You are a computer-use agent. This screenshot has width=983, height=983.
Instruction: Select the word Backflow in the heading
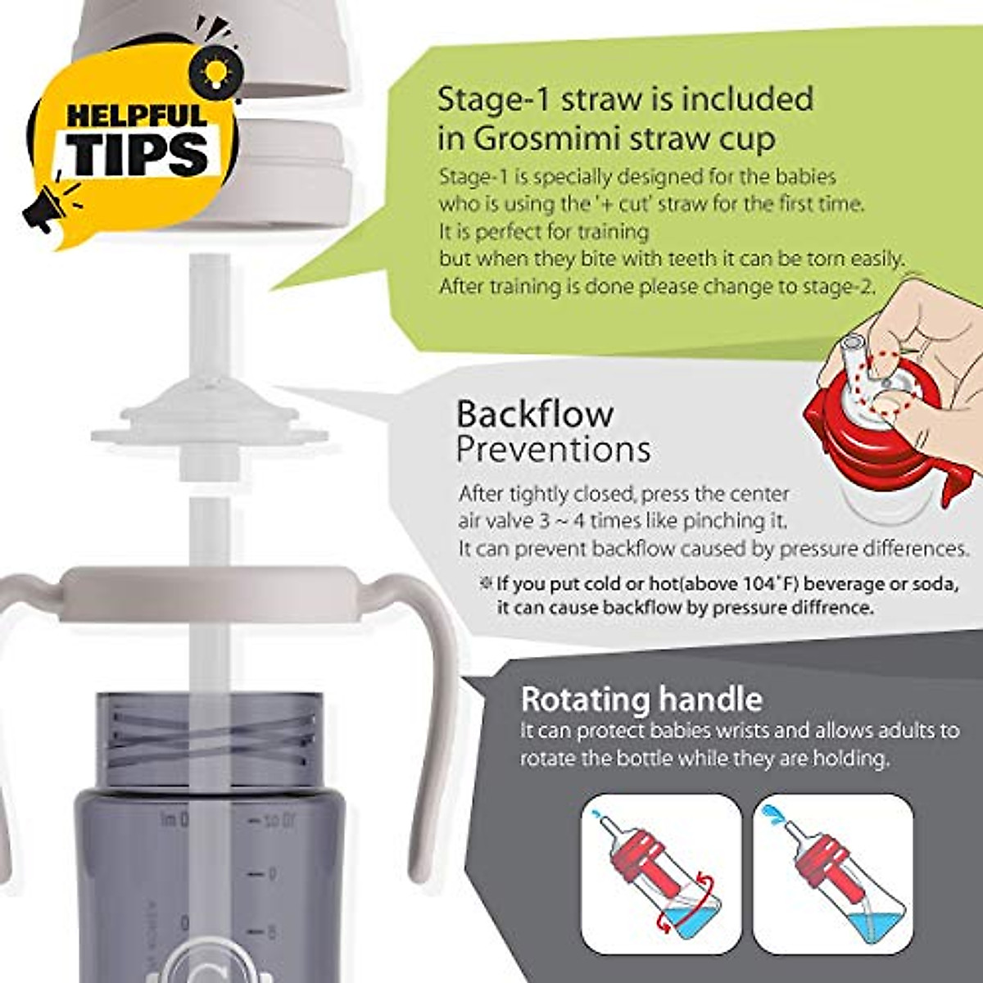[534, 413]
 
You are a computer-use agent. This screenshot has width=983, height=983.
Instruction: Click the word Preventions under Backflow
[553, 449]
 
